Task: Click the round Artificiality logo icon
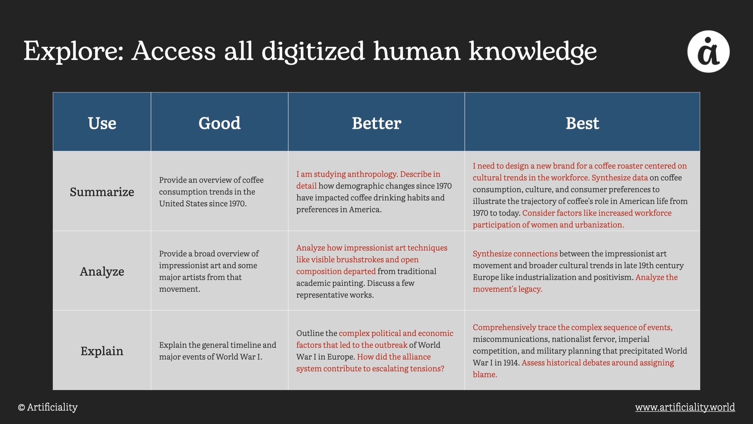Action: click(708, 51)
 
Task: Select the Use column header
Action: click(102, 123)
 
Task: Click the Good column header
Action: click(219, 123)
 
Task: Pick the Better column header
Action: click(376, 123)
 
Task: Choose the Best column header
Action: click(582, 123)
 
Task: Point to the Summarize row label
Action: click(102, 192)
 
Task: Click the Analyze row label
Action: click(102, 271)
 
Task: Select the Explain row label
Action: click(102, 351)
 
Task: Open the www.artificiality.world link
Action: click(685, 407)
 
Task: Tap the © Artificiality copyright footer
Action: click(48, 407)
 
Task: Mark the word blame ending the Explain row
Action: click(485, 375)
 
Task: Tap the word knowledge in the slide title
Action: click(533, 51)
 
